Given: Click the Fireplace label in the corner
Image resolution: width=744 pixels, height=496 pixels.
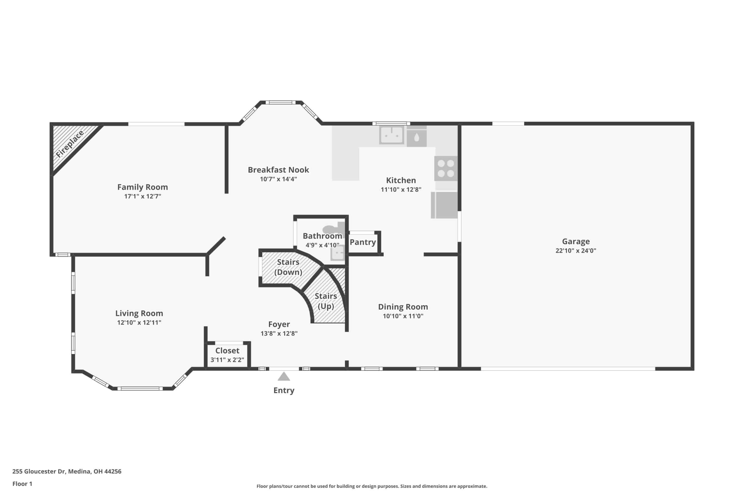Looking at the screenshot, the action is (70, 144).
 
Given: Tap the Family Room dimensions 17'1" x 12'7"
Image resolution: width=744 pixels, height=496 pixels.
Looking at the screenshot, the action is (143, 196).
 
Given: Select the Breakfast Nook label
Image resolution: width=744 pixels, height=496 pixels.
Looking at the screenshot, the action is (278, 170).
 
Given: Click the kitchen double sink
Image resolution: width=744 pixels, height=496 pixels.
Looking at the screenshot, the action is (391, 135).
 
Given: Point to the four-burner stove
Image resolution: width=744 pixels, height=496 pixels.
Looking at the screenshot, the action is (446, 168).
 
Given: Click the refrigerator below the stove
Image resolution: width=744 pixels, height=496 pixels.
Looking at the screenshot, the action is (444, 205).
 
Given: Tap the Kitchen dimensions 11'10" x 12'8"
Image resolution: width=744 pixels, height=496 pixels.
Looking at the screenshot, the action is (401, 190).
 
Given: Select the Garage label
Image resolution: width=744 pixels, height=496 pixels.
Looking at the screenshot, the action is (576, 242).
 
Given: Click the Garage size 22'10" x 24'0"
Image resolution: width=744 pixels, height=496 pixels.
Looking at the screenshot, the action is (576, 251).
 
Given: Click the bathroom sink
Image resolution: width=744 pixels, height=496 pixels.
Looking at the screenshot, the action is (338, 253).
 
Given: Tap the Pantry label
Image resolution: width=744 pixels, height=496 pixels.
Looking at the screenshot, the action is (363, 242).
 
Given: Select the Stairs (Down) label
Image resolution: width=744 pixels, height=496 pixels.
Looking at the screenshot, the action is (288, 267).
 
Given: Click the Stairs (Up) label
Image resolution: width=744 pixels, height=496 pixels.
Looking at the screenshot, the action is (326, 301).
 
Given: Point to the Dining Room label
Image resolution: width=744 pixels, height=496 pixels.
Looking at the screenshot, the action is (403, 307).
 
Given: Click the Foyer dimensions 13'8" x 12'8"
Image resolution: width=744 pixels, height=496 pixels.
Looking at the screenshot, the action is (279, 333).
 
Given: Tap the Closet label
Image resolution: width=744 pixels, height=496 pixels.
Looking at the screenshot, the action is (228, 351).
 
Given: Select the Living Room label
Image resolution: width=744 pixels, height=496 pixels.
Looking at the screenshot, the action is (139, 314).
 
